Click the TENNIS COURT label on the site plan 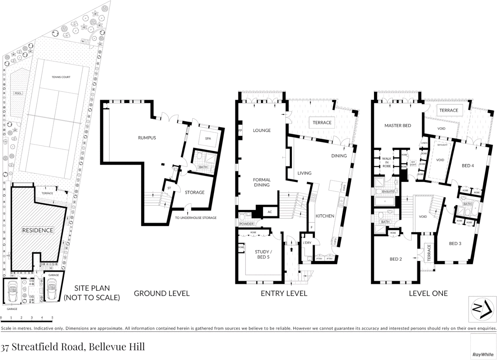pos(61,77)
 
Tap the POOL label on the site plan pos(18,93)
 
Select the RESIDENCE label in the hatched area pos(38,230)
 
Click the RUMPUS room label pos(147,138)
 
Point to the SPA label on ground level pos(208,138)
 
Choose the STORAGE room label pos(195,192)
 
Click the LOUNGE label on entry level pos(262,130)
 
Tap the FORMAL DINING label pos(262,182)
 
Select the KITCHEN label pos(325,216)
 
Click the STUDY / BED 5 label pos(263,254)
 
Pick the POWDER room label pos(246,224)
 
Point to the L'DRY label pos(307,243)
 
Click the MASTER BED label pos(398,126)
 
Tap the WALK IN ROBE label pos(387,162)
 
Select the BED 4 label pos(468,166)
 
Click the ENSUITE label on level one pos(388,192)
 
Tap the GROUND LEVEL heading pos(162,293)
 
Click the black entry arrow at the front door pos(292,249)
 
